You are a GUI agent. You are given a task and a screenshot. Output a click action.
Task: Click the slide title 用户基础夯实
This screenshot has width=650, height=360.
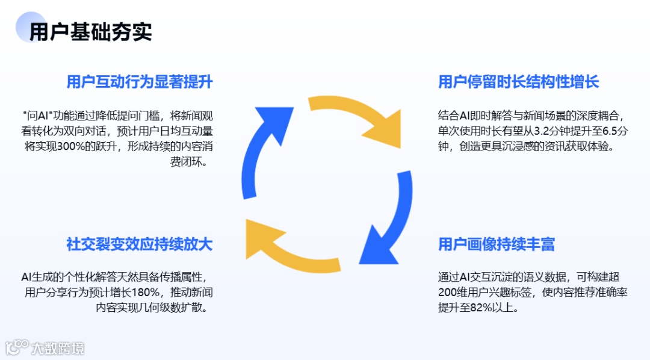click(x=90, y=32)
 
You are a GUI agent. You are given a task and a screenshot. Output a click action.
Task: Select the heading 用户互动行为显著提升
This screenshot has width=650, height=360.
click(x=139, y=82)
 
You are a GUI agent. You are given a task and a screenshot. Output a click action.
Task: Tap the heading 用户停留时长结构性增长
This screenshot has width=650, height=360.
click(x=518, y=82)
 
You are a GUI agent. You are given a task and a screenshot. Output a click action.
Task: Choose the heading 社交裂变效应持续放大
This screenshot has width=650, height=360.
click(x=139, y=244)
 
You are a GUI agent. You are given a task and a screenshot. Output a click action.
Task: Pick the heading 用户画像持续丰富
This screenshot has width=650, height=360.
click(x=496, y=244)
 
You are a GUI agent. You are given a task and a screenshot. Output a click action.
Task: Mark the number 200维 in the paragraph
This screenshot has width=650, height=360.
click(x=453, y=293)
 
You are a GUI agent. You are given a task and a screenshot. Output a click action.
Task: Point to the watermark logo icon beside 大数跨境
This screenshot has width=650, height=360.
click(x=17, y=347)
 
